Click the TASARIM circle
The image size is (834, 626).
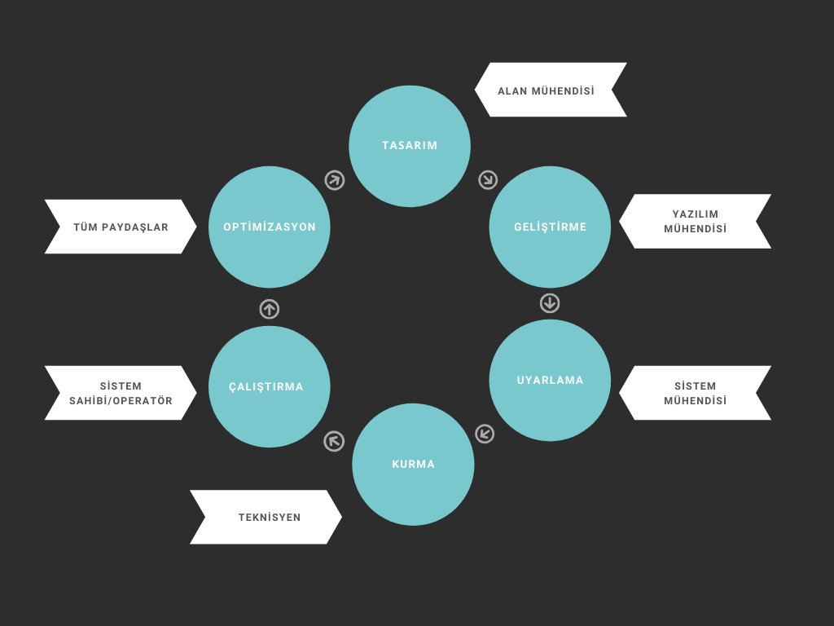pos(410,147)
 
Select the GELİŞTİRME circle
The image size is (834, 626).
pos(550,227)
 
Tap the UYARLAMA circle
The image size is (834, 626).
pos(550,381)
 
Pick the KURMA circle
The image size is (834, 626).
pos(413,465)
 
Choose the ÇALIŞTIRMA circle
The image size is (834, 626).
pos(269,387)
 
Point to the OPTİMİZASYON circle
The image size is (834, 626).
pos(269,227)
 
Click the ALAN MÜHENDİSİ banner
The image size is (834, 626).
pos(551,90)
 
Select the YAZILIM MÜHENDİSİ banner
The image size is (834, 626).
pos(696,222)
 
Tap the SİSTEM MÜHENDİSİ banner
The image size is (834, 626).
pos(696,393)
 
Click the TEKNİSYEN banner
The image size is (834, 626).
pos(266,517)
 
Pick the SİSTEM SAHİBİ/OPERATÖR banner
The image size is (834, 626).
pos(121,393)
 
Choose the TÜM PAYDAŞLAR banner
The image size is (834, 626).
pos(121,227)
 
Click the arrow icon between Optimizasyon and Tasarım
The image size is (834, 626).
pos(335,180)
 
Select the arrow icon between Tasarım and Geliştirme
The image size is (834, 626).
pos(488,180)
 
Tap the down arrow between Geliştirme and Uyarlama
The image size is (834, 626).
pos(550,303)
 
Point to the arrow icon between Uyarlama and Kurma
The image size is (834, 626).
pos(485,434)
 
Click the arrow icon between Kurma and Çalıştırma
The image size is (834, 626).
pos(334,441)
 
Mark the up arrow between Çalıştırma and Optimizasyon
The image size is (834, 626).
pos(269,309)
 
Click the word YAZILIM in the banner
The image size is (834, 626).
pos(696,214)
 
